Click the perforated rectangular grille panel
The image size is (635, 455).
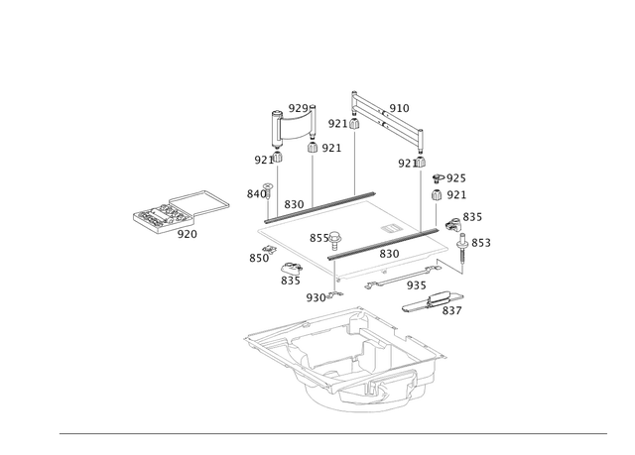[x=389, y=116]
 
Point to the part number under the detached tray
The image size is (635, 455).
[x=187, y=235]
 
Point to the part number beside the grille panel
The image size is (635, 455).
[x=400, y=106]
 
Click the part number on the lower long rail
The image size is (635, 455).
[x=389, y=254]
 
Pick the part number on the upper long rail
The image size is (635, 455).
[x=293, y=202]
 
